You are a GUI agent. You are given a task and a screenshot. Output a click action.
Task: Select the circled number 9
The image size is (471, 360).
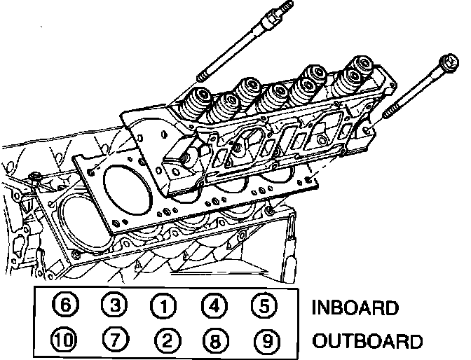264,341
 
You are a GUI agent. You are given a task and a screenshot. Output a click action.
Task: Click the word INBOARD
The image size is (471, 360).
355,307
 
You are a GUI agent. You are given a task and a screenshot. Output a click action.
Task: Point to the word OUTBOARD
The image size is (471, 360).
367,342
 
